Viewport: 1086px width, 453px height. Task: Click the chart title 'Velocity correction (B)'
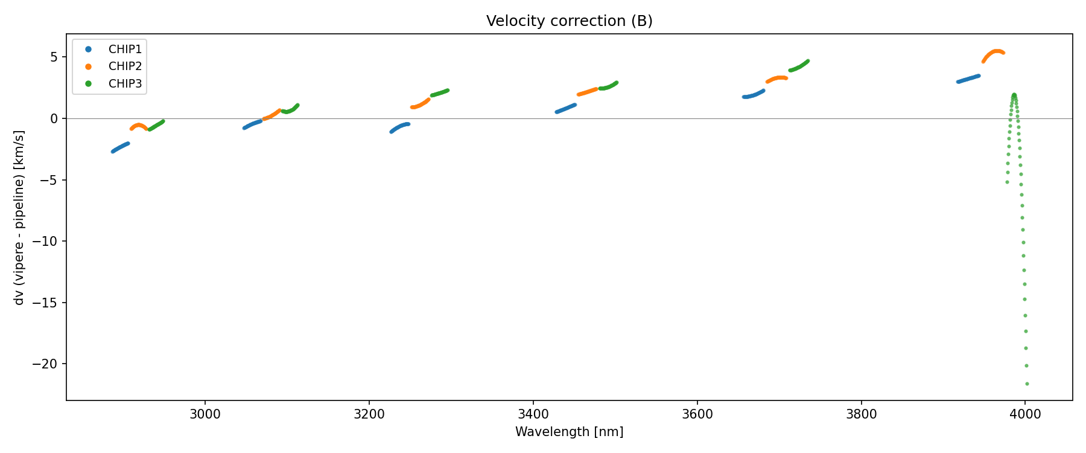click(x=569, y=21)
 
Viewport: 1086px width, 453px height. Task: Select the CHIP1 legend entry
click(x=125, y=49)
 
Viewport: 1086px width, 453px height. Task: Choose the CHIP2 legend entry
click(x=125, y=66)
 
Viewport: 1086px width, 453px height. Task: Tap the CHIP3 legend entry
click(x=125, y=84)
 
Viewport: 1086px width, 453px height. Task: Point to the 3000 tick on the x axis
click(x=205, y=414)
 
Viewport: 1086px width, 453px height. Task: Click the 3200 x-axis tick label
click(x=369, y=414)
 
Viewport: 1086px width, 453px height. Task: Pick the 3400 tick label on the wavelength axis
click(x=533, y=414)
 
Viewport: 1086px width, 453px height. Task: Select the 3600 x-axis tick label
click(x=697, y=414)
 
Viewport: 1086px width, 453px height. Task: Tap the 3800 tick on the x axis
click(x=861, y=414)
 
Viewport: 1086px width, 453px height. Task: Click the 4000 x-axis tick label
click(x=1025, y=414)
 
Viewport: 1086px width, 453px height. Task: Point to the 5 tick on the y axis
click(x=54, y=57)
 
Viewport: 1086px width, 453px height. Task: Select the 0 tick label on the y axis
click(x=54, y=118)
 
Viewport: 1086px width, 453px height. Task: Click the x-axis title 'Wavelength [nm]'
click(x=569, y=432)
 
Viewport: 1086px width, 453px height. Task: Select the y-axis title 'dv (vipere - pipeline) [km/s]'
click(x=19, y=217)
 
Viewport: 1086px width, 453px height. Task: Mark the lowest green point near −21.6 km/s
click(x=1027, y=384)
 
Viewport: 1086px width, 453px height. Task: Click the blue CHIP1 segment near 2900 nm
click(x=120, y=147)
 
